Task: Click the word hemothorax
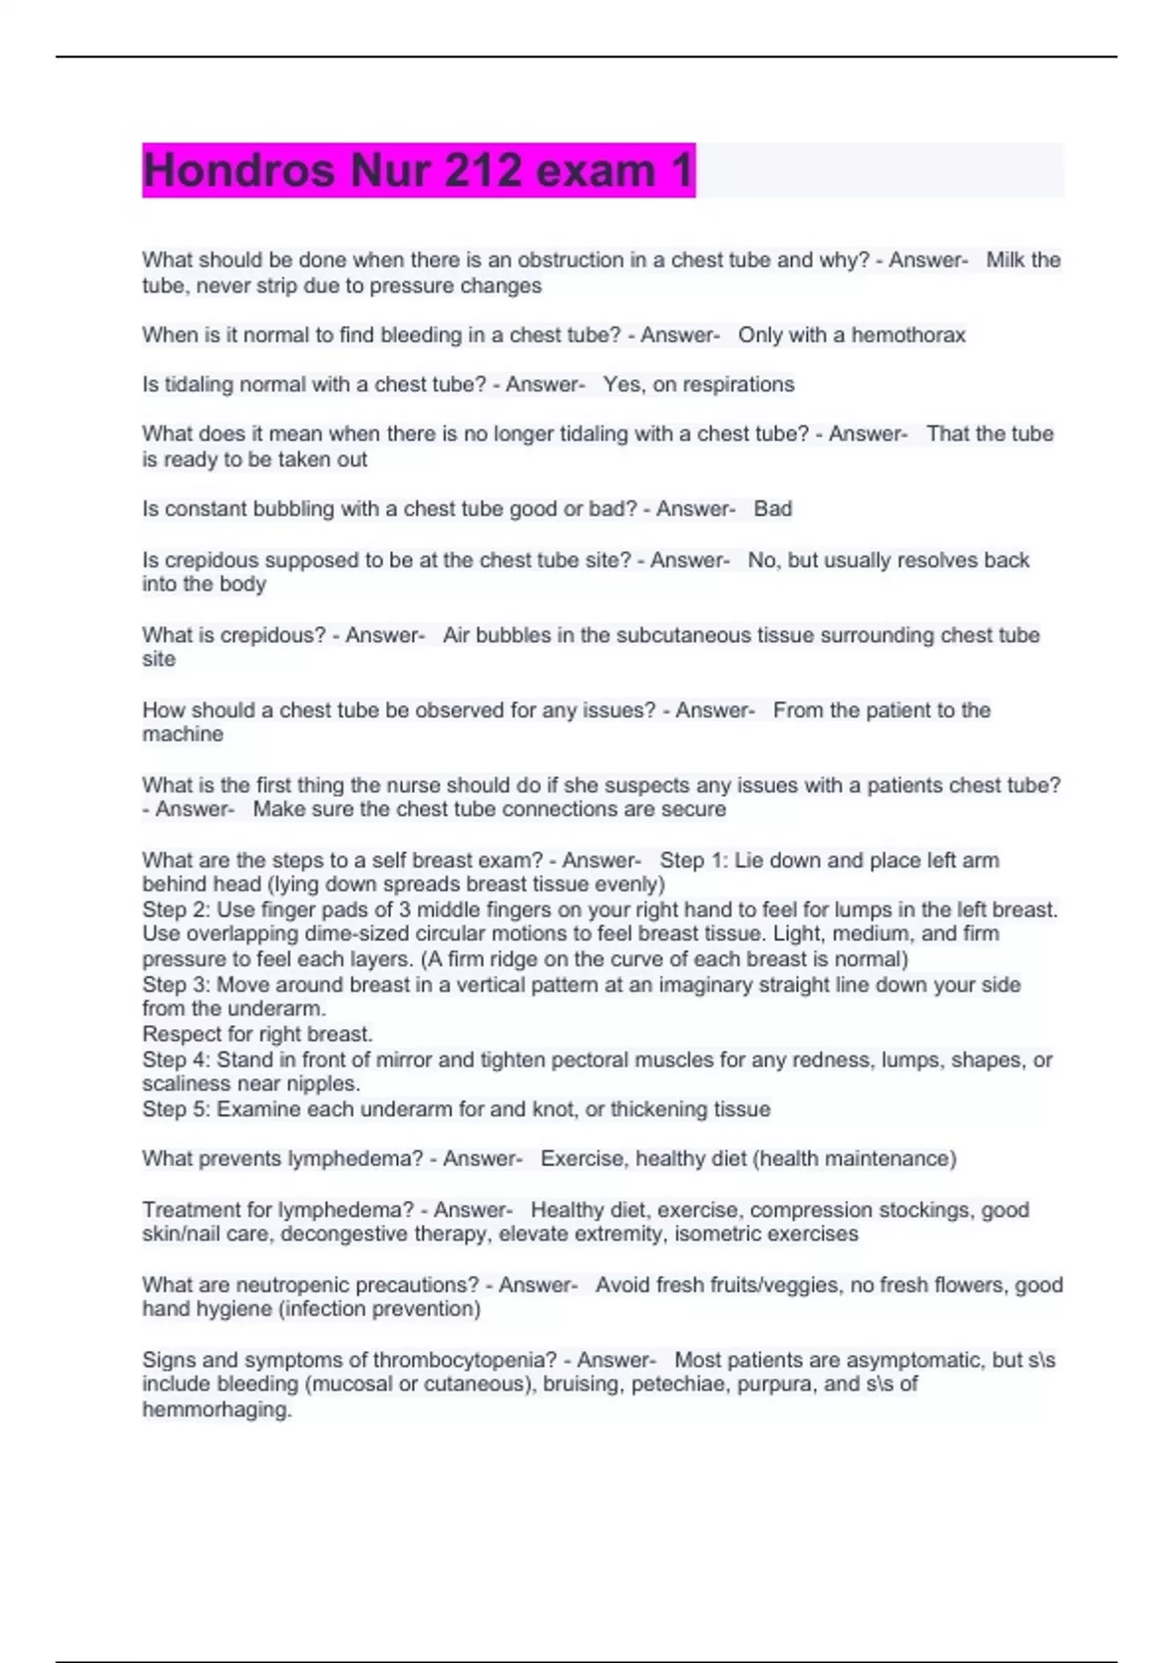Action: [x=908, y=336]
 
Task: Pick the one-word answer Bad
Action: [x=773, y=509]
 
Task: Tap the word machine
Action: [x=183, y=735]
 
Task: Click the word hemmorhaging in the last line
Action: [x=216, y=1411]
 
